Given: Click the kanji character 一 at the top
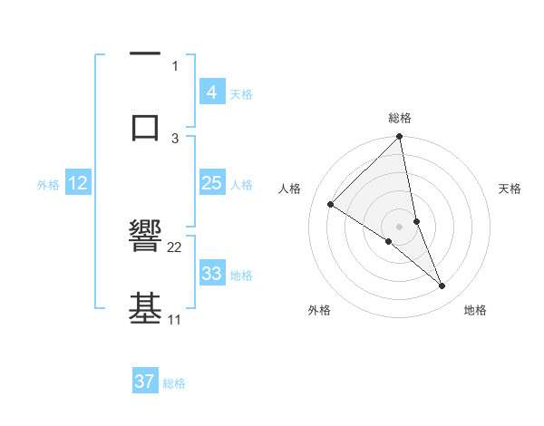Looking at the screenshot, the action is [x=145, y=55].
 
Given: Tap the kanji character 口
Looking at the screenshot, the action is [x=145, y=127].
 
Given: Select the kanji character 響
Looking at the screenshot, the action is [x=145, y=237].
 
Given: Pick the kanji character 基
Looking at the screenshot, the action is [x=145, y=308].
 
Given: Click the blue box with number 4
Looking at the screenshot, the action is [x=211, y=92].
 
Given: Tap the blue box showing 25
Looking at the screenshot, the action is [x=211, y=183].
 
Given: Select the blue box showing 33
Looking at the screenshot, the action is [x=211, y=274].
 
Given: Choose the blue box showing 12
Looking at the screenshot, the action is [x=78, y=183].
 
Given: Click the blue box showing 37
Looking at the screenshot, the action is [x=144, y=382].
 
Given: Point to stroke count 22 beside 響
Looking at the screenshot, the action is [x=175, y=247].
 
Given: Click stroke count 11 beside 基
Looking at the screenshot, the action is [x=174, y=319].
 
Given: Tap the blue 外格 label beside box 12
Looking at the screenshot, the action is [x=48, y=184].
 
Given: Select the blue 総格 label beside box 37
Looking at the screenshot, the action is [x=174, y=383].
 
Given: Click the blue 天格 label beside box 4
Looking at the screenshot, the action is [x=241, y=93].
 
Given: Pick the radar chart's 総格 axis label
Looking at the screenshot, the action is [x=400, y=118].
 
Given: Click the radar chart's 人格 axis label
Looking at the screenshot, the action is [x=289, y=189].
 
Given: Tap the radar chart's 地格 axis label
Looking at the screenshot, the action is [x=475, y=310].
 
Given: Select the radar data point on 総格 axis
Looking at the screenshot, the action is [x=400, y=138].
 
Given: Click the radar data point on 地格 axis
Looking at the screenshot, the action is [x=442, y=286].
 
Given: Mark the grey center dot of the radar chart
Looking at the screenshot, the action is [x=400, y=226].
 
